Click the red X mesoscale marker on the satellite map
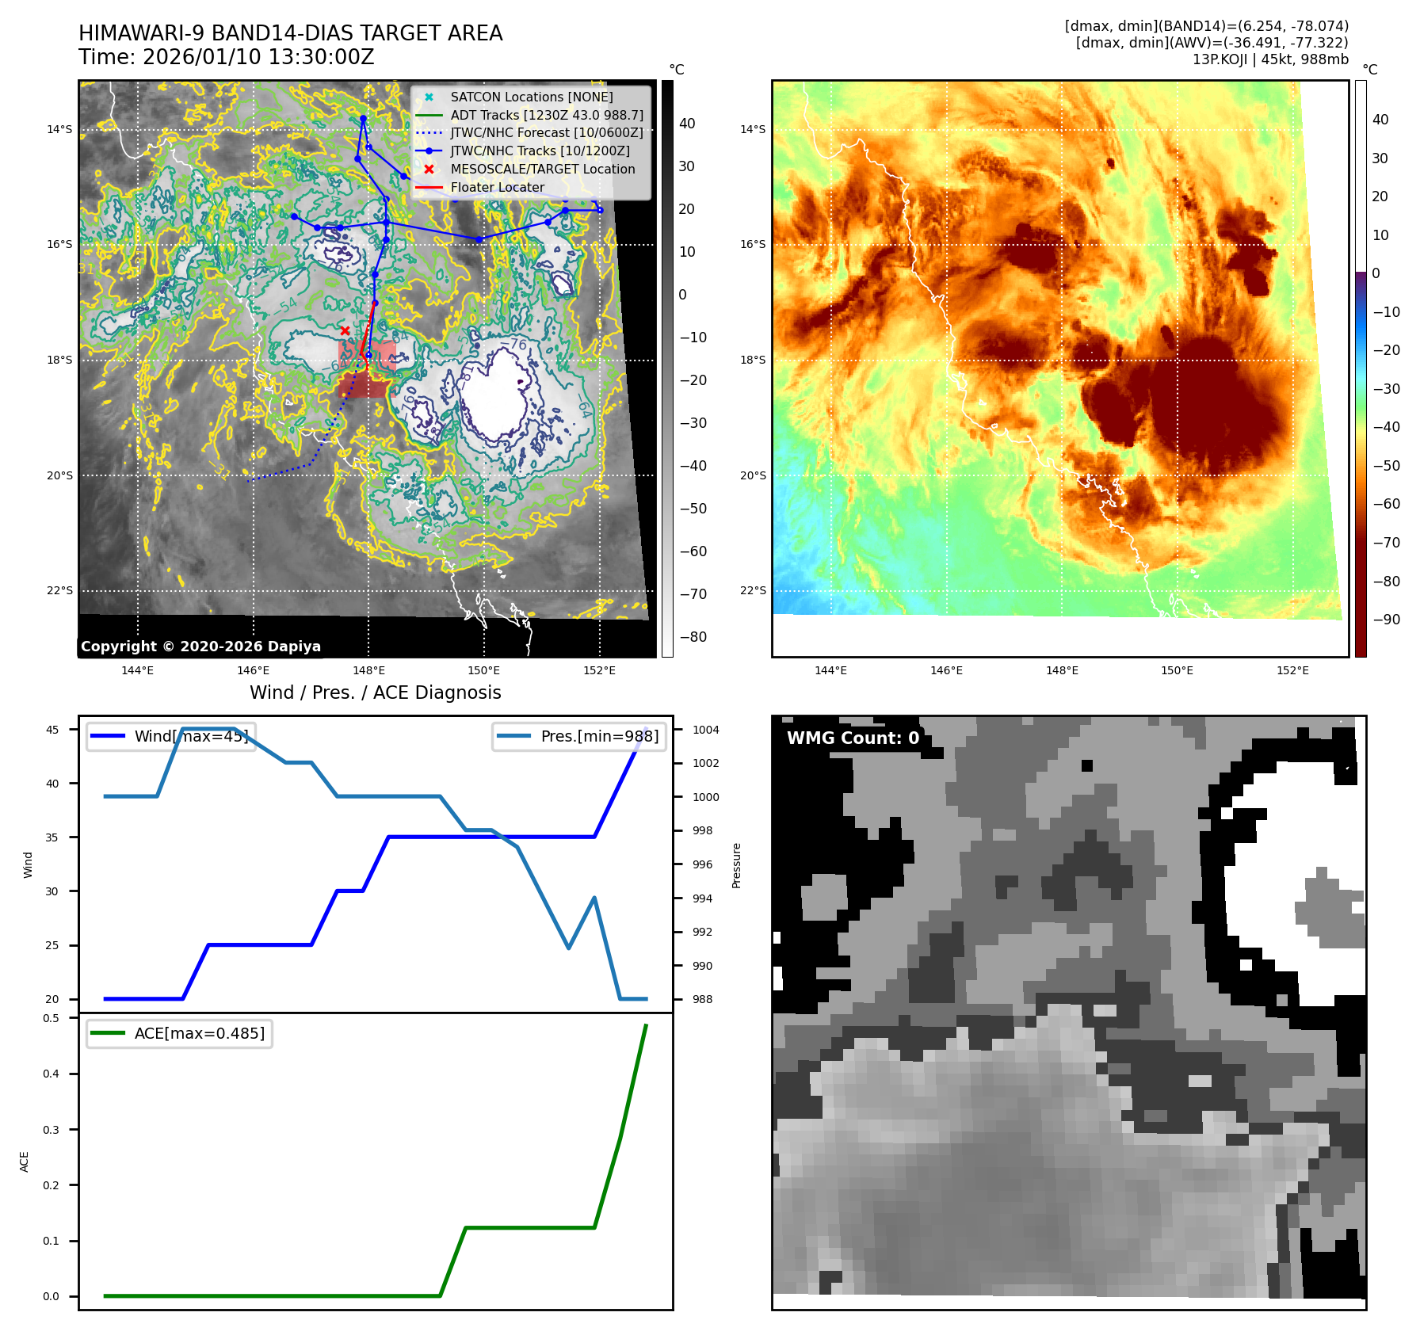point(345,330)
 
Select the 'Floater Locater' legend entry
point(497,187)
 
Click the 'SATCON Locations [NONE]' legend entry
point(531,97)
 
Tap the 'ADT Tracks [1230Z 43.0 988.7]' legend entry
point(546,115)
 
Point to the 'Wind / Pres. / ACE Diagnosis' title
point(375,692)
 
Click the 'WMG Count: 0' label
point(853,738)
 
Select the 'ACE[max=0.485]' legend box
point(179,1033)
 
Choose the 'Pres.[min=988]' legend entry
point(579,736)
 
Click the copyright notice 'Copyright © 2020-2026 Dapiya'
point(200,647)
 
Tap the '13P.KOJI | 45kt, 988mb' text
point(1269,59)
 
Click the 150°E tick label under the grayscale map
point(483,670)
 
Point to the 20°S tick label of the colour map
point(753,475)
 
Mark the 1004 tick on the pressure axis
point(705,730)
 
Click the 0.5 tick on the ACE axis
point(51,1018)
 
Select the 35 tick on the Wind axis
point(52,837)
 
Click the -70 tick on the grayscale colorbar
point(693,594)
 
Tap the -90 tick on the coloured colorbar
point(1386,620)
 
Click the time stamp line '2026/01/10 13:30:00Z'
point(226,57)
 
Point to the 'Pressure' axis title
point(736,865)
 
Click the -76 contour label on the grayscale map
point(518,345)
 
